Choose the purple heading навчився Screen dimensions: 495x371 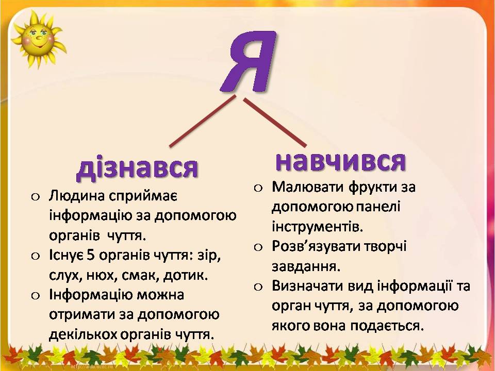(340, 161)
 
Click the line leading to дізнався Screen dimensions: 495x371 (203, 121)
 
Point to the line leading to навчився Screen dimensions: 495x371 (275, 123)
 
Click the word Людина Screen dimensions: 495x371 (77, 196)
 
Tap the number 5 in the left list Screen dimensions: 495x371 (91, 255)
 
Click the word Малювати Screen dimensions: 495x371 (308, 187)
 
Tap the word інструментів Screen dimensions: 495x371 (317, 227)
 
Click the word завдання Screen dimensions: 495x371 (306, 267)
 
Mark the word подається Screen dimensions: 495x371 (387, 326)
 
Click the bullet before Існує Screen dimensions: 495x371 (36, 256)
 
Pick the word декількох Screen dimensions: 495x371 (82, 334)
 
